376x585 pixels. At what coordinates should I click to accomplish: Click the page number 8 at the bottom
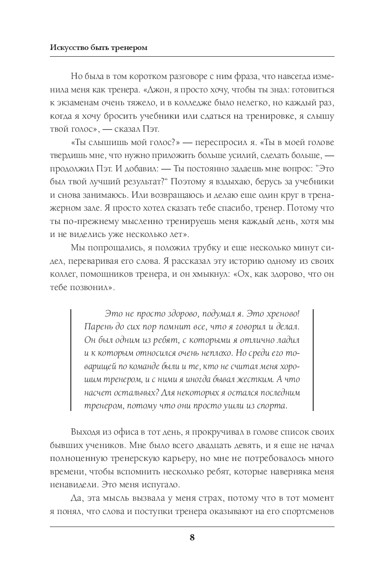(192, 537)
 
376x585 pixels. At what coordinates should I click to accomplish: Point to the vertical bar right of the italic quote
(313, 360)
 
